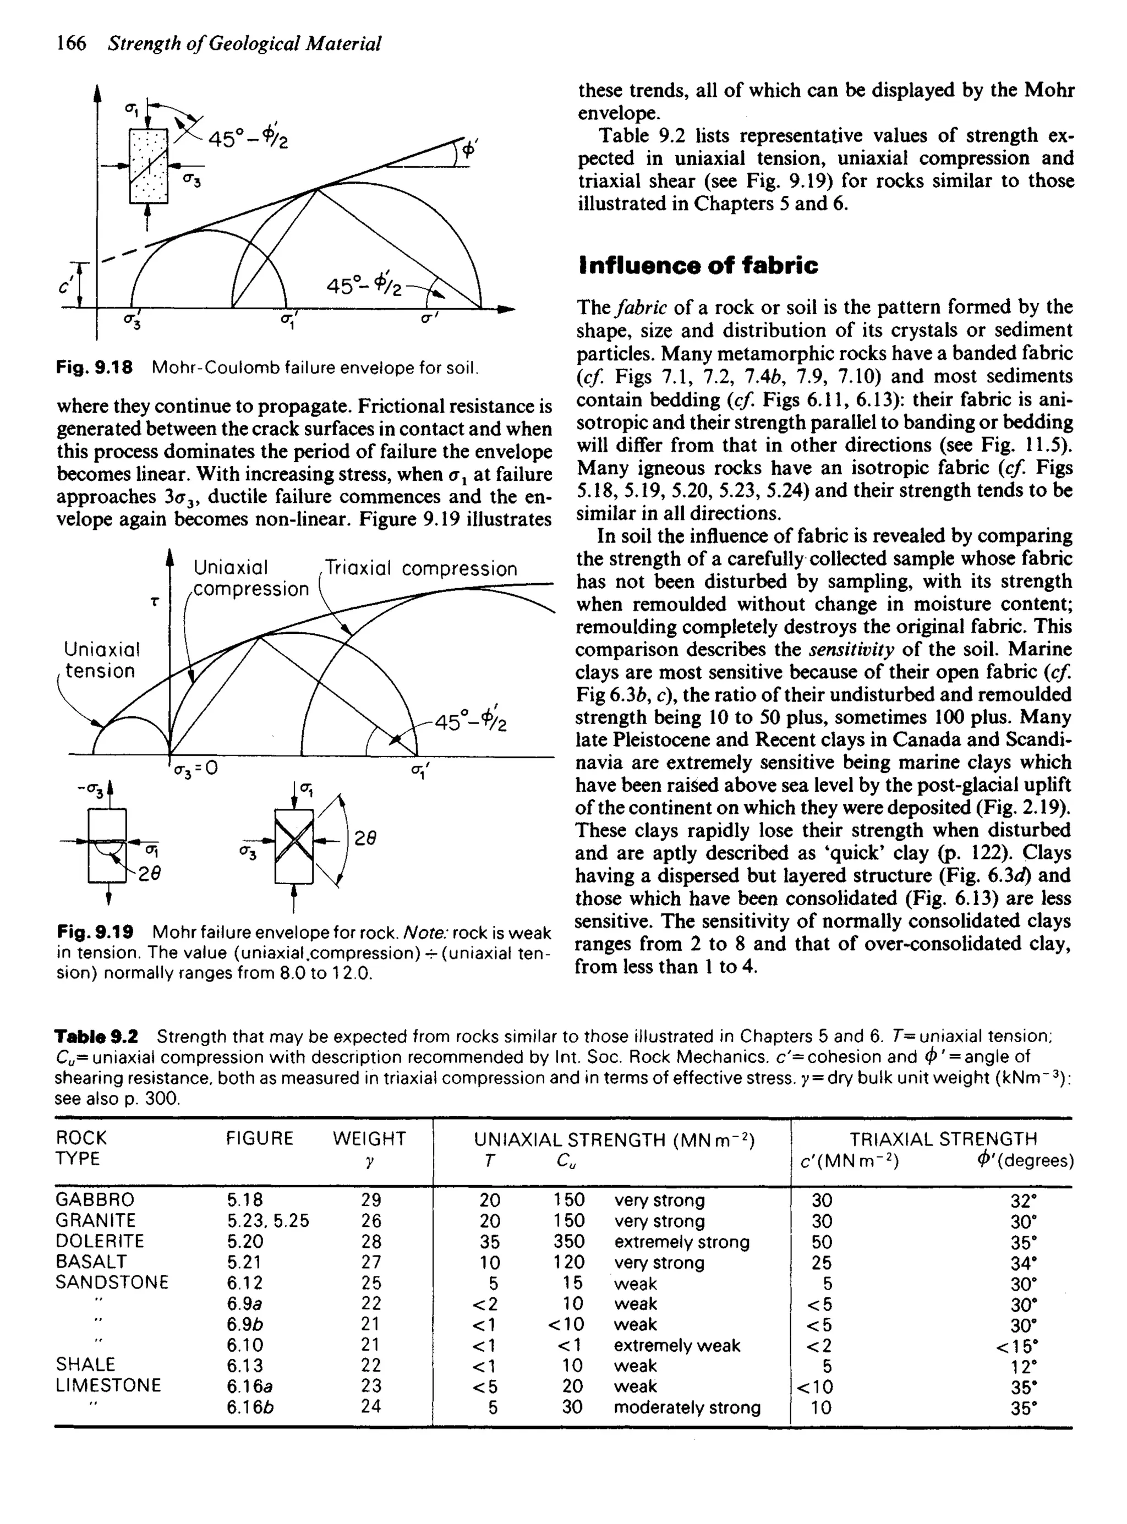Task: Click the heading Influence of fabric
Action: tap(698, 265)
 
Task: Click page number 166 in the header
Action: tap(71, 43)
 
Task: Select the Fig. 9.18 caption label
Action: tap(94, 368)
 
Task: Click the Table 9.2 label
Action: tap(96, 1037)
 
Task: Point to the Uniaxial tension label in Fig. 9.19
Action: tap(101, 659)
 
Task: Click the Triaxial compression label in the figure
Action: tap(420, 569)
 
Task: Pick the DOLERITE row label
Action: tap(100, 1241)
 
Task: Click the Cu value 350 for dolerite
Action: tap(568, 1242)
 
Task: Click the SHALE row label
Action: tap(86, 1364)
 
